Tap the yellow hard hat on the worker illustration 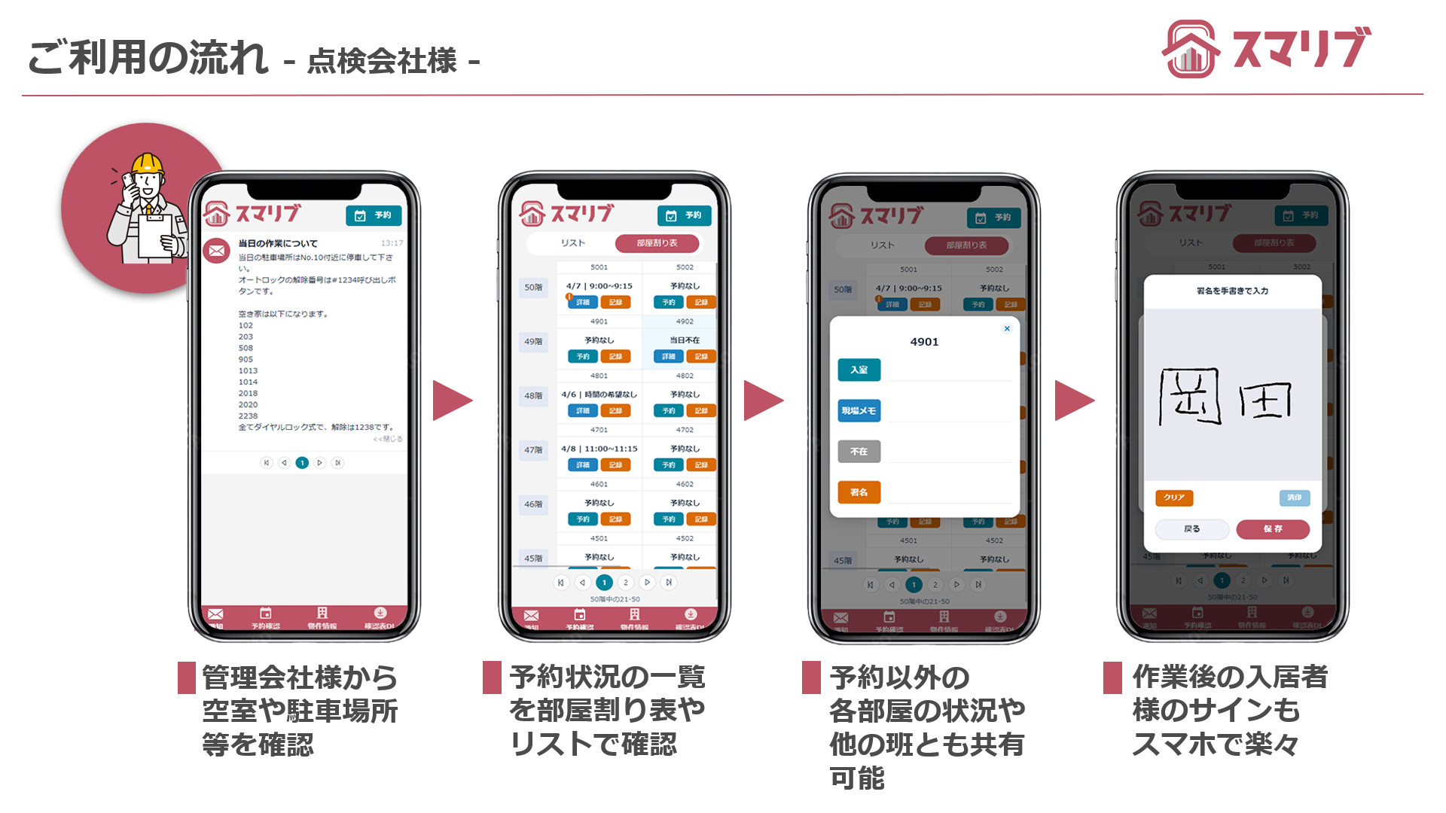click(x=148, y=163)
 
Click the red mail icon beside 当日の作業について click(x=217, y=251)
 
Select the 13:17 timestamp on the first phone click(x=392, y=243)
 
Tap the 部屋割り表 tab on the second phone click(x=657, y=243)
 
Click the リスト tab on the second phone click(x=572, y=243)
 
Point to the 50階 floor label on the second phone click(x=533, y=288)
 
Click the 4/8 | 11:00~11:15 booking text click(x=599, y=449)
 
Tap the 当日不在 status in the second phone click(x=685, y=340)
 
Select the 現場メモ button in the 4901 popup click(x=859, y=411)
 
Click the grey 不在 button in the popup click(x=859, y=452)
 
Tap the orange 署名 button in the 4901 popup click(x=859, y=492)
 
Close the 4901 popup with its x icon click(x=1007, y=329)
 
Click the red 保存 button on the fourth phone click(x=1273, y=529)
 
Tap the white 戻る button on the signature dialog click(x=1191, y=529)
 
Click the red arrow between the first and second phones click(x=452, y=400)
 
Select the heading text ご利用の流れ click(x=148, y=58)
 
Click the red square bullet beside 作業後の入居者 click(x=1112, y=677)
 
